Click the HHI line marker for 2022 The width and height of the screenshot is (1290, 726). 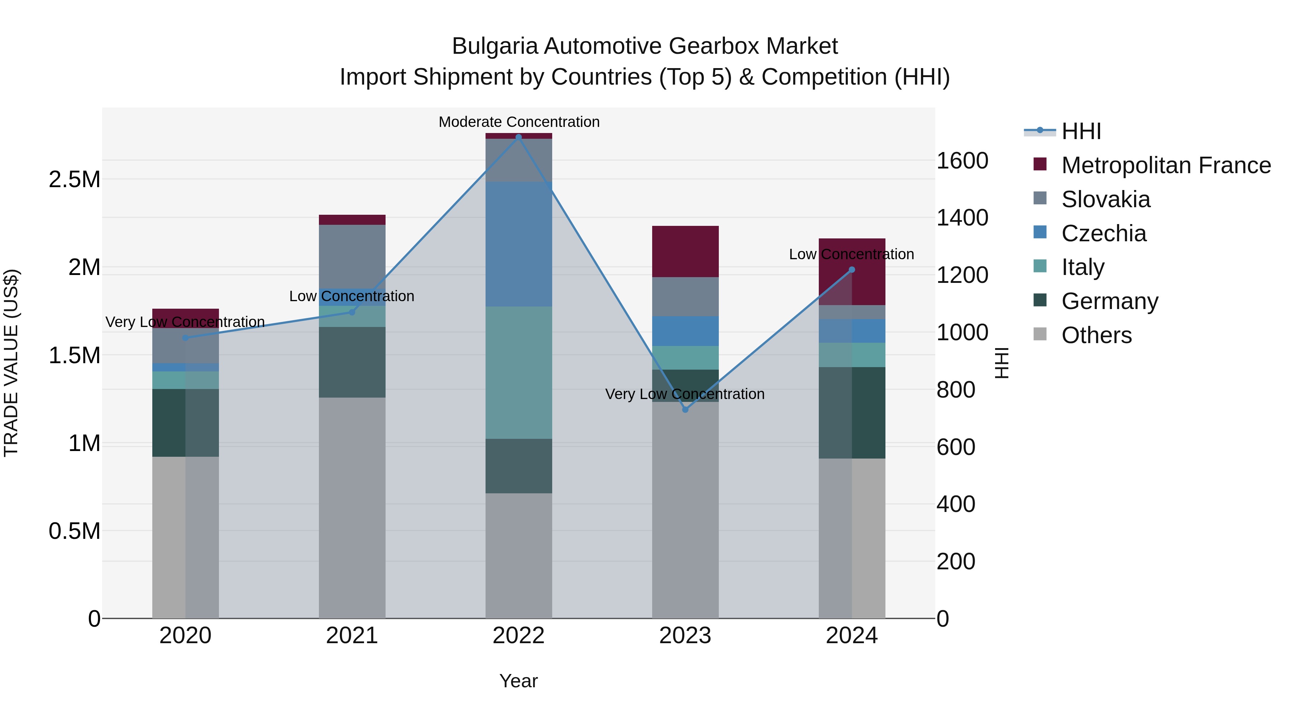(518, 137)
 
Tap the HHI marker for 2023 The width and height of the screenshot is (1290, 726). (685, 409)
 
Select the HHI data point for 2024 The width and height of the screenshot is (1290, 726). (852, 270)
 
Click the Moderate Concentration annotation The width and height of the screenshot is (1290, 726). (519, 122)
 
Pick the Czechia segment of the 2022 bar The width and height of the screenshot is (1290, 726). (519, 244)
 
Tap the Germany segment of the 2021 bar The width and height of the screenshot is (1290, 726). (352, 362)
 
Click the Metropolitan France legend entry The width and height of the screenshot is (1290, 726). (1166, 165)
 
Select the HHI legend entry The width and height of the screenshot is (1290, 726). (1081, 131)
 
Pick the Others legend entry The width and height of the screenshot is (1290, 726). (1096, 335)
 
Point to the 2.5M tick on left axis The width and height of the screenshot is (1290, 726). (75, 179)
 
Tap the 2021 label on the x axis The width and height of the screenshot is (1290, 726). (352, 636)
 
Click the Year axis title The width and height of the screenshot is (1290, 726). (518, 681)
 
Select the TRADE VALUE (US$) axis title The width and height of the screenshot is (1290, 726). (11, 363)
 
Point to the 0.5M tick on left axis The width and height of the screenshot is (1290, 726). (75, 531)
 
